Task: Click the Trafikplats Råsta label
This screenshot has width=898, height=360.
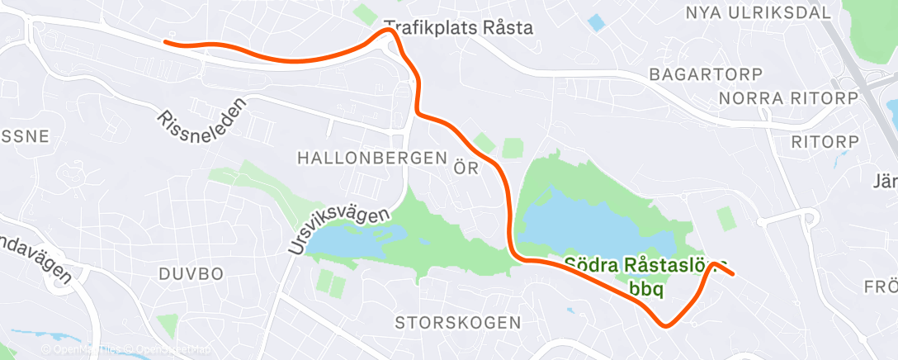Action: pyautogui.click(x=459, y=27)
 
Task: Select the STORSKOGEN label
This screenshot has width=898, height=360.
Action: pyautogui.click(x=458, y=321)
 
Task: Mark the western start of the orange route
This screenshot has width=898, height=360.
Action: pyautogui.click(x=166, y=41)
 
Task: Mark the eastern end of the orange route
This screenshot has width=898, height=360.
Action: pyautogui.click(x=732, y=273)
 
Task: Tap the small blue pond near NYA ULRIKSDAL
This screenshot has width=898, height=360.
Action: pyautogui.click(x=596, y=22)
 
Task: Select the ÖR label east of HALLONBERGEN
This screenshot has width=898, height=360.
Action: pyautogui.click(x=467, y=168)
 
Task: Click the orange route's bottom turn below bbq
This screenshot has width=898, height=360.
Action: pyautogui.click(x=667, y=324)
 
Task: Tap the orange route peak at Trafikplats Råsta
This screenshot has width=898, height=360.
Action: pyautogui.click(x=386, y=31)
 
